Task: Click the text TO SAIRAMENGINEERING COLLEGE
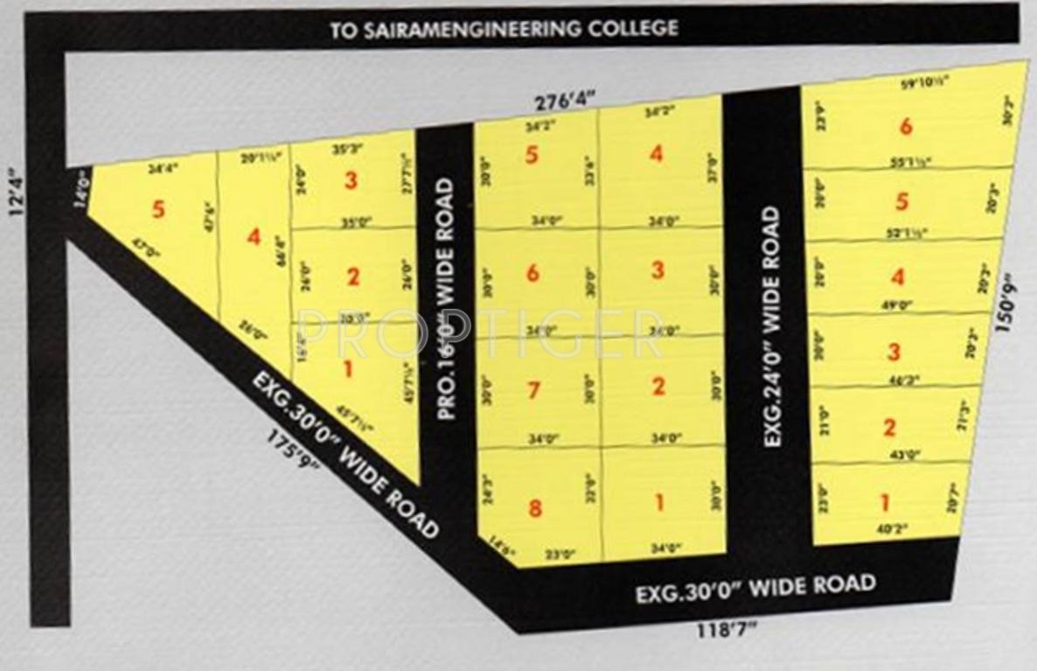tap(504, 29)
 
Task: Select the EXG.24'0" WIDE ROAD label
tap(770, 326)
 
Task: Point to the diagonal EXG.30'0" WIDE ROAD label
tap(345, 455)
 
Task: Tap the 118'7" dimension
tap(727, 629)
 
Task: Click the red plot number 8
tap(535, 507)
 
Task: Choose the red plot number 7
tap(533, 390)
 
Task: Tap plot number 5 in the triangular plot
tap(157, 210)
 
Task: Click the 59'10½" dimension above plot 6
tap(925, 85)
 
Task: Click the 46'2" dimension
tap(894, 380)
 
